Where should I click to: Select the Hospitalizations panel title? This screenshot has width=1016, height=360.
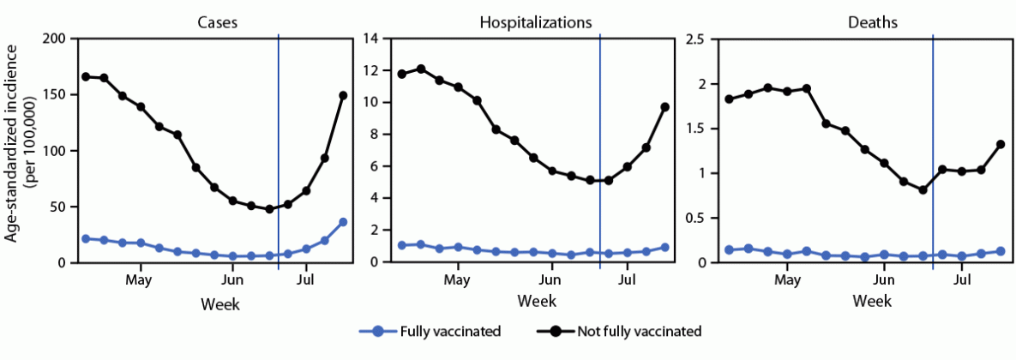click(x=537, y=23)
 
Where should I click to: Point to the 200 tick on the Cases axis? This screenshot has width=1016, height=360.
click(x=54, y=39)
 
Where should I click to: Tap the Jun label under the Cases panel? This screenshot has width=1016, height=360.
click(x=232, y=280)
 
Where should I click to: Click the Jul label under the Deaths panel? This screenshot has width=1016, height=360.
click(x=962, y=280)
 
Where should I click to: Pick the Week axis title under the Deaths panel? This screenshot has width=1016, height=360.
click(x=872, y=303)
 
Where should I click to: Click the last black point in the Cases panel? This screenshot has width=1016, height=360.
click(x=343, y=95)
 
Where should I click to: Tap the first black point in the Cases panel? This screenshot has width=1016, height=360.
click(x=86, y=76)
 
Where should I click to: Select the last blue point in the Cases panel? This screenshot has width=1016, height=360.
click(x=343, y=222)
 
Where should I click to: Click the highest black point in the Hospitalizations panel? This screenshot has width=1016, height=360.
click(x=420, y=69)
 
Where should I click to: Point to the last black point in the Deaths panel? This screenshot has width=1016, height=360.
click(x=1001, y=144)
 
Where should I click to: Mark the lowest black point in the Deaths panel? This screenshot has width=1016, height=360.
click(x=923, y=190)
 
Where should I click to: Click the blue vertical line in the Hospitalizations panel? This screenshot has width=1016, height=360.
click(x=599, y=129)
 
